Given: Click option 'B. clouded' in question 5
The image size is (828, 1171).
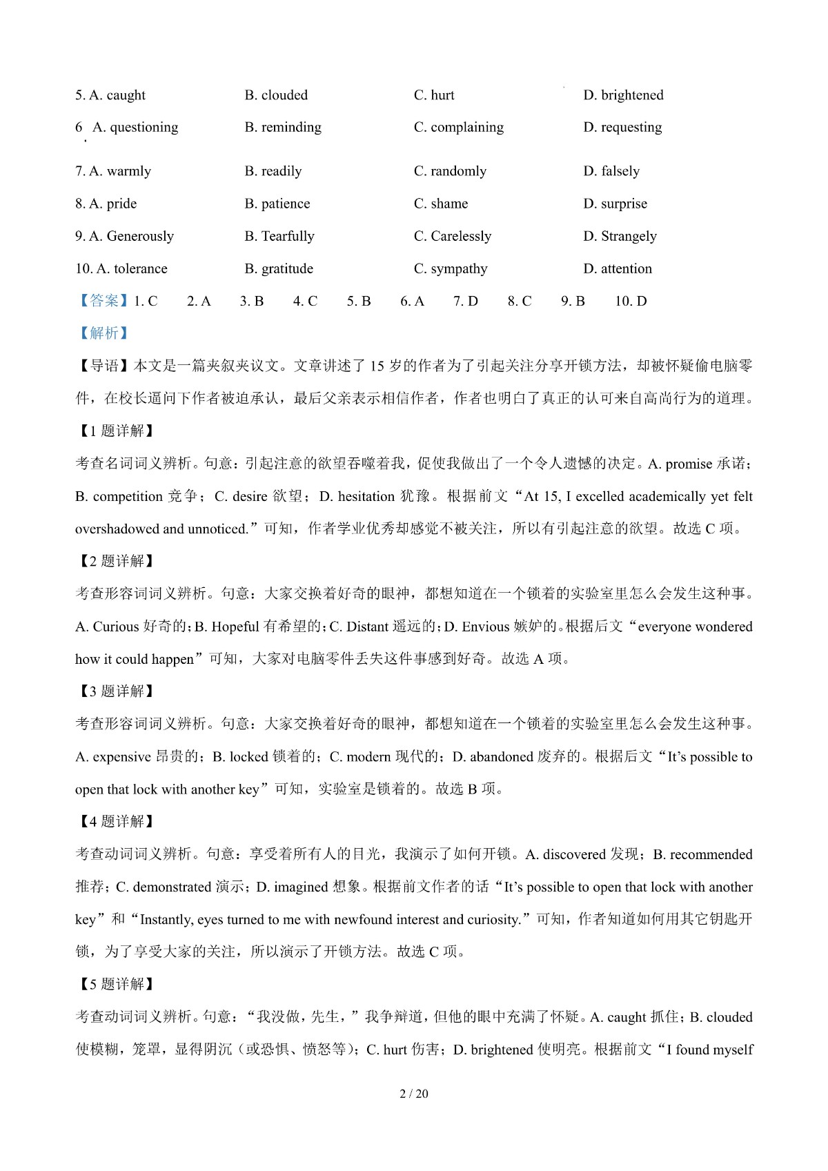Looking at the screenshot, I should (276, 95).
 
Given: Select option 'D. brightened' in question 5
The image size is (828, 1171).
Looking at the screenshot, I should (623, 95).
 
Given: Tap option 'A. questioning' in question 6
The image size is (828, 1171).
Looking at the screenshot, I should (135, 127).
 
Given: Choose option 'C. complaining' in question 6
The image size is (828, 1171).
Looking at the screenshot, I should (459, 127).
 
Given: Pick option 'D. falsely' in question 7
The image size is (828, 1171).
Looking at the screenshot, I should (611, 171).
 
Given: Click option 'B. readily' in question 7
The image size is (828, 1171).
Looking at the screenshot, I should (273, 171).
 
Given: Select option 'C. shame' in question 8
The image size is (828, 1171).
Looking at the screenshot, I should (441, 204).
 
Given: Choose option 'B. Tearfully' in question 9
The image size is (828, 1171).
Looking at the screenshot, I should (279, 236).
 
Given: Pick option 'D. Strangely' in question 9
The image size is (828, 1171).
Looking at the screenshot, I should (620, 236).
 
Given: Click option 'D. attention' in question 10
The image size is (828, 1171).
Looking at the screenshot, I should (618, 268).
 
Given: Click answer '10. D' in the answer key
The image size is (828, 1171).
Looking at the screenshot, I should (631, 301).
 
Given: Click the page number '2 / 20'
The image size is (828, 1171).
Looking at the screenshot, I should (414, 1094).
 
